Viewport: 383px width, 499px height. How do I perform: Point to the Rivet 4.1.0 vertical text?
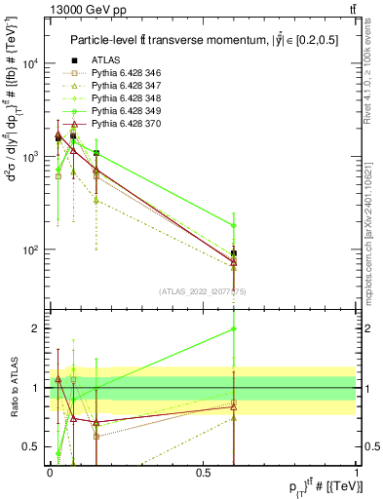[373, 64]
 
